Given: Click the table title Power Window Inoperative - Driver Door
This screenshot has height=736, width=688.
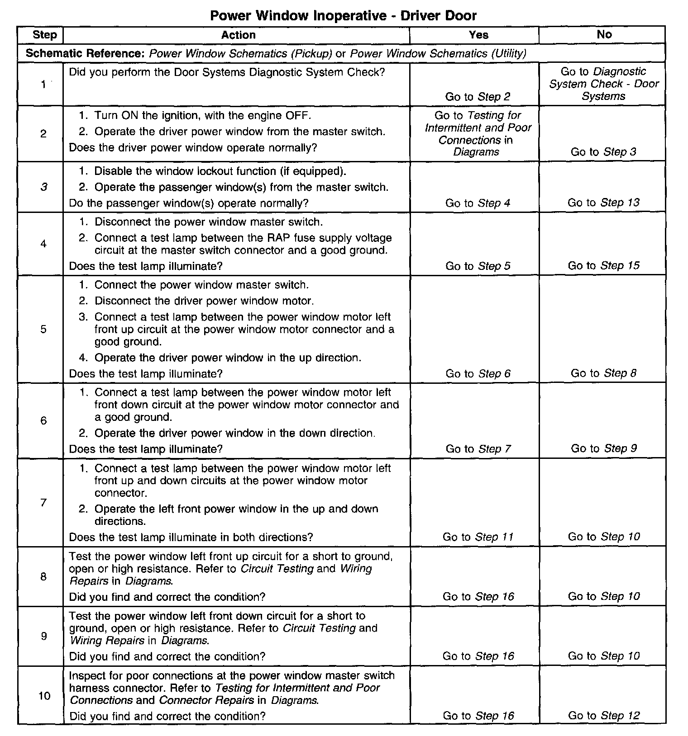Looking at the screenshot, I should pos(343,16).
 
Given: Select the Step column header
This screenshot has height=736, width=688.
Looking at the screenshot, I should pos(45,35).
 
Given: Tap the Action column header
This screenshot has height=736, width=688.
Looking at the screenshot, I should pos(238,35).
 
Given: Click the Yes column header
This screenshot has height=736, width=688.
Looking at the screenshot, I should pos(478,35).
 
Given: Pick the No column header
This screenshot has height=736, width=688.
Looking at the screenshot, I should pos(604,34).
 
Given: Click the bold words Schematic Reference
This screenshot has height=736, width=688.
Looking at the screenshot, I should pos(84,53).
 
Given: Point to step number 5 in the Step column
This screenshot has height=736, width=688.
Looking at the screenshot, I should pos(43,329).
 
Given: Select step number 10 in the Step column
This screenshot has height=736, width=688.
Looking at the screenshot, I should pos(44,695).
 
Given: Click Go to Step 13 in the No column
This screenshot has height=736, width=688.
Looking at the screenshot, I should pos(604,203).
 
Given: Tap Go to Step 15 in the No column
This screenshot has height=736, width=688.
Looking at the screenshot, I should pos(604,265).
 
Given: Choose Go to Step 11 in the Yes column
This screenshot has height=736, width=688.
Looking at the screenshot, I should pos(478,537).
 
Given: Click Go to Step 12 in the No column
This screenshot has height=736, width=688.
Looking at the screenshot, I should pos(604,715).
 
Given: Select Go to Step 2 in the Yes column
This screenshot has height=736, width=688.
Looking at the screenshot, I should pos(478,96).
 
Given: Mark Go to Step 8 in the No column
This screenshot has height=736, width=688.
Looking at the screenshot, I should pos(604,373).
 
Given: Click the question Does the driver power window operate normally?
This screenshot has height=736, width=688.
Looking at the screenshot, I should pos(193,148).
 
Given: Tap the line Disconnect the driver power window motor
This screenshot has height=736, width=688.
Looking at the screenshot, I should pos(204,301).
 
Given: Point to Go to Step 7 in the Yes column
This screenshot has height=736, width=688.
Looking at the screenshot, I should pos(478,448).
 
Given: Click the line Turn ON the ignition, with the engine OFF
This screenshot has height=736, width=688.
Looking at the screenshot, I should pos(203,115).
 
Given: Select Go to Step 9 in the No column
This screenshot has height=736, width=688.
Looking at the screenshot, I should pos(604,448).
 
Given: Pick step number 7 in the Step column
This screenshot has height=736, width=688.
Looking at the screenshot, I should pos(43,502).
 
